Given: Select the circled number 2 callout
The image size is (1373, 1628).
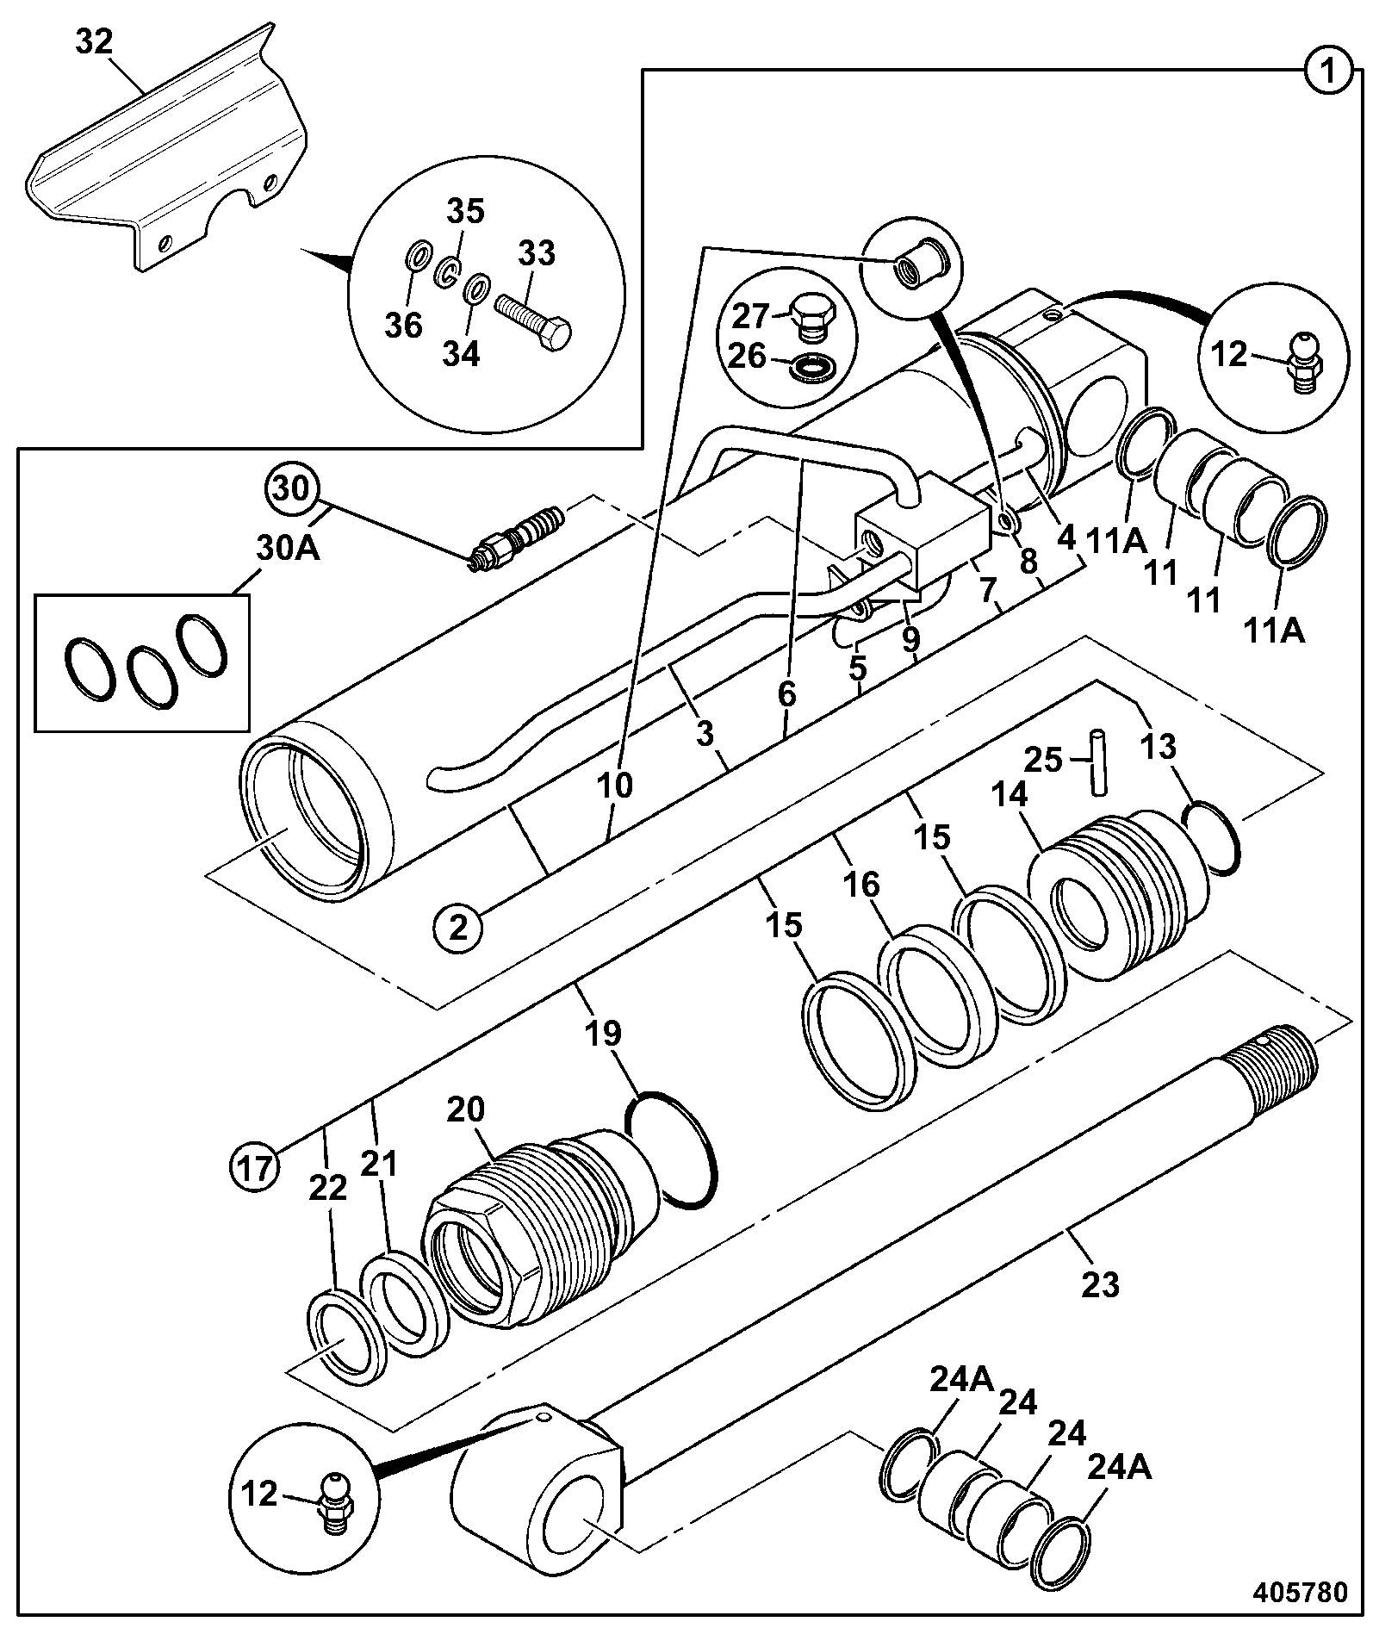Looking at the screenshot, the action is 458,928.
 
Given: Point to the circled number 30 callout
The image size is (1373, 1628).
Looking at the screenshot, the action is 292,489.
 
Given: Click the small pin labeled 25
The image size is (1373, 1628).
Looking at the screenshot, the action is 1098,761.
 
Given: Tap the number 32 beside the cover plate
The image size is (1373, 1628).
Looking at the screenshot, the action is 94,42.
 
